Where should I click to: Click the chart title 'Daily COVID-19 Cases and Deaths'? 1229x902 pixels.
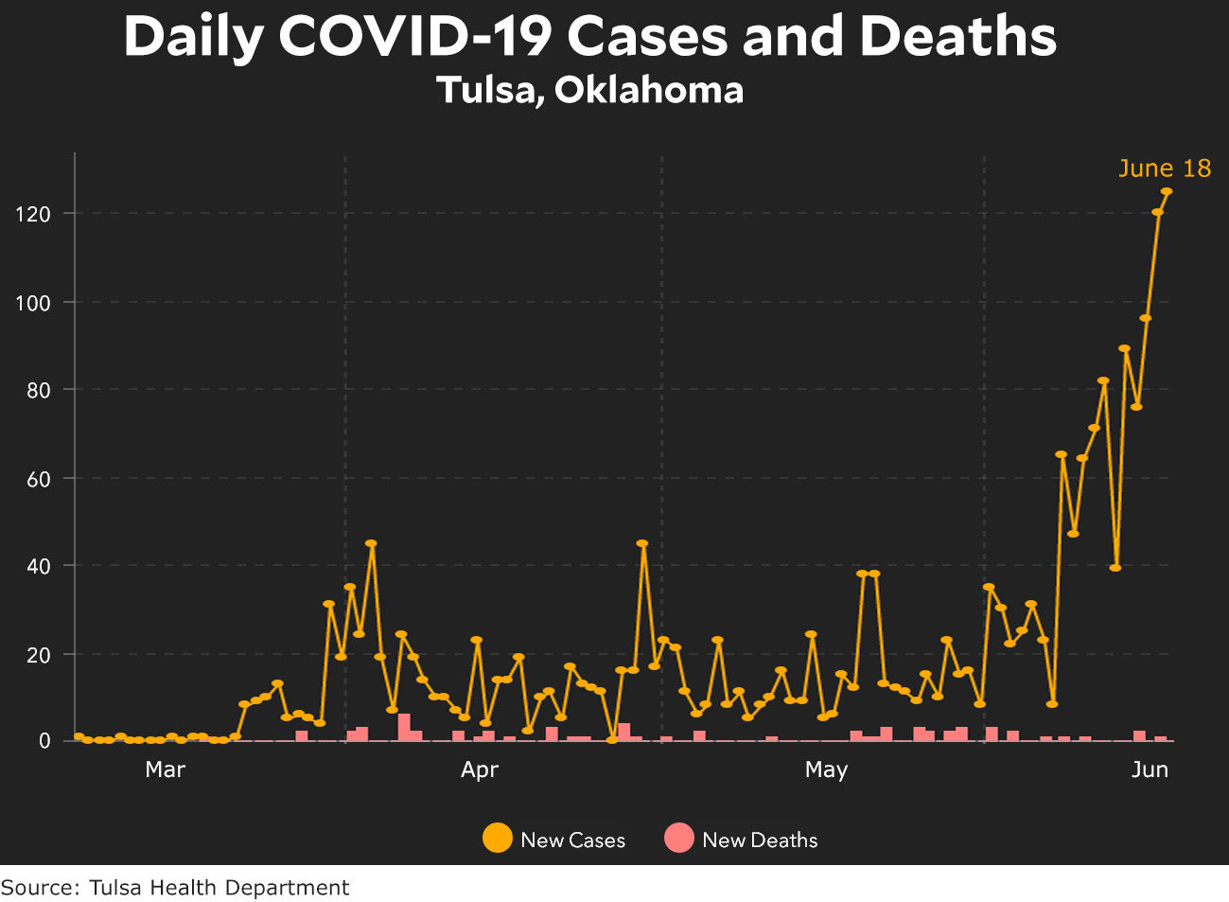[x=589, y=37]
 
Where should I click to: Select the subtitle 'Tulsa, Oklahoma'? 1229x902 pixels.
[x=589, y=90]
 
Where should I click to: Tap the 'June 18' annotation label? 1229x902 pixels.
[x=1164, y=168]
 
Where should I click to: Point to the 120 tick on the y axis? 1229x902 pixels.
[x=32, y=214]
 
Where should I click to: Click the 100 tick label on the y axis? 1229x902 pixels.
[x=32, y=303]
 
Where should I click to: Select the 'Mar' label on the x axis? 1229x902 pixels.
[x=165, y=769]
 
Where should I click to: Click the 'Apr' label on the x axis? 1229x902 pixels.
[x=480, y=769]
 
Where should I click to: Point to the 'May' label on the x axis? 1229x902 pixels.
[x=826, y=769]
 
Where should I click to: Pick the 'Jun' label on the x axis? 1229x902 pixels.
[x=1150, y=769]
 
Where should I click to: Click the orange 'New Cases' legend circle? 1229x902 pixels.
[x=497, y=839]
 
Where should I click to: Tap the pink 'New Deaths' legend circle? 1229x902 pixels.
[x=679, y=839]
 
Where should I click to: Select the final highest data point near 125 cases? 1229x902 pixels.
[x=1167, y=191]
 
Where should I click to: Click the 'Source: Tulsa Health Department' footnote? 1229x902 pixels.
[x=175, y=888]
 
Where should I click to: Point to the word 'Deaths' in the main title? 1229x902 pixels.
[x=957, y=37]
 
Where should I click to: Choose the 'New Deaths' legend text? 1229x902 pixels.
[x=760, y=840]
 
